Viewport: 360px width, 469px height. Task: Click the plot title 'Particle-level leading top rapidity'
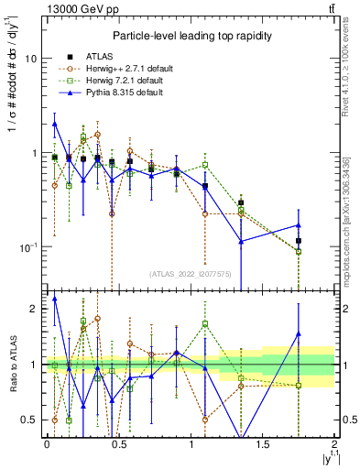pyautogui.click(x=189, y=35)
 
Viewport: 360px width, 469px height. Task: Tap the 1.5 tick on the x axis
pyautogui.click(x=263, y=444)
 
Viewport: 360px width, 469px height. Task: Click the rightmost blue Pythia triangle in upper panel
pyautogui.click(x=299, y=224)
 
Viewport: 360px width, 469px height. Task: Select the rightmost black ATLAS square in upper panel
pyautogui.click(x=299, y=241)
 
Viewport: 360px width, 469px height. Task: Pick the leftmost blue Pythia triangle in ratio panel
pyautogui.click(x=55, y=298)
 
